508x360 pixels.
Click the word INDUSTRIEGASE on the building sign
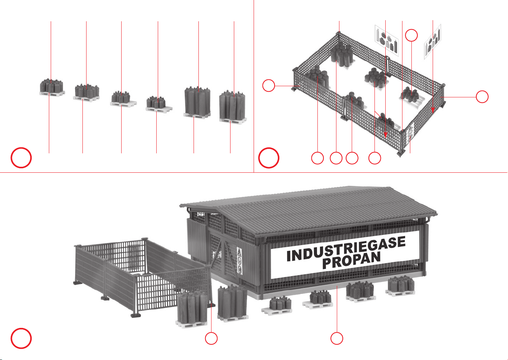(x=346, y=248)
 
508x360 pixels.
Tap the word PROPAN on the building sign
(x=351, y=260)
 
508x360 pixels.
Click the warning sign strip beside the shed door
(x=239, y=260)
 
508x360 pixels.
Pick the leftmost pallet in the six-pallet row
(x=52, y=88)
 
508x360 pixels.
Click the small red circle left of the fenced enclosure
(x=269, y=85)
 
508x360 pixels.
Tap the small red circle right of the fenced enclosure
(x=482, y=97)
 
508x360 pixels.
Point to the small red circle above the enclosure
(x=411, y=35)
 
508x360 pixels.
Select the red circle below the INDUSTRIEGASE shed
(x=337, y=338)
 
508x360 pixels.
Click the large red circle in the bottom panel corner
(x=21, y=338)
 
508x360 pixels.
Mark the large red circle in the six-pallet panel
(x=21, y=158)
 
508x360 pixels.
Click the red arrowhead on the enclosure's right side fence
(x=433, y=110)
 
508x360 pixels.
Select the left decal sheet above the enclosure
(x=387, y=41)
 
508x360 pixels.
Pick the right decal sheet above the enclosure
(x=433, y=42)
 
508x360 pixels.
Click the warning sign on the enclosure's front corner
(x=410, y=134)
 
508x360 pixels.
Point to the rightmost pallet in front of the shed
(x=401, y=286)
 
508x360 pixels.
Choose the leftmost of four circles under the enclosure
(x=317, y=158)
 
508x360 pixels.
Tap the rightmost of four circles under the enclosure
(x=374, y=158)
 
